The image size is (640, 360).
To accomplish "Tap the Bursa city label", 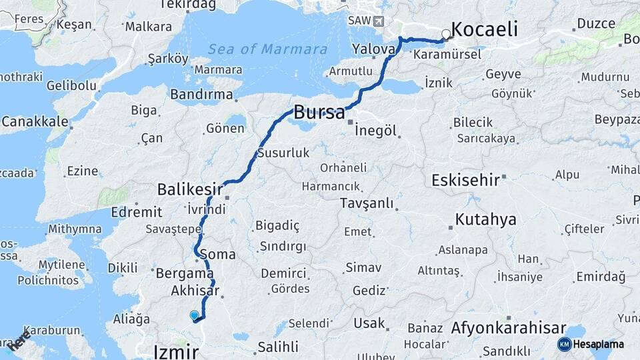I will click(320, 111).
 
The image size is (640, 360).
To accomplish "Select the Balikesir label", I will click(190, 190).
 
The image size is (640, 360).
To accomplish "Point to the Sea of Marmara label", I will click(267, 49).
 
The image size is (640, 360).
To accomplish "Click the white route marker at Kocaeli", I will click(447, 34).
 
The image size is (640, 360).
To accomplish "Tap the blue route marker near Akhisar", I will click(194, 315).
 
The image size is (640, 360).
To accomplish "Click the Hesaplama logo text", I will click(599, 344).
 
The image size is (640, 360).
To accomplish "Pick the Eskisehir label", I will click(466, 181).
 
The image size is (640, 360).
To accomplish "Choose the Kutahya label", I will click(486, 219).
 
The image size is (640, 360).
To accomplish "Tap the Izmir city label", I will click(176, 351).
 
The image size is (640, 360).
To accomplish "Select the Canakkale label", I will click(35, 122).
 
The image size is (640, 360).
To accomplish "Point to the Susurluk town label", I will click(283, 153).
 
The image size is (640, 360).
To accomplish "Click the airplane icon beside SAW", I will click(379, 21).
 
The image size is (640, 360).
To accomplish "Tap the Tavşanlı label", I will click(366, 203).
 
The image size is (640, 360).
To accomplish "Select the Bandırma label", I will click(201, 95).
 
